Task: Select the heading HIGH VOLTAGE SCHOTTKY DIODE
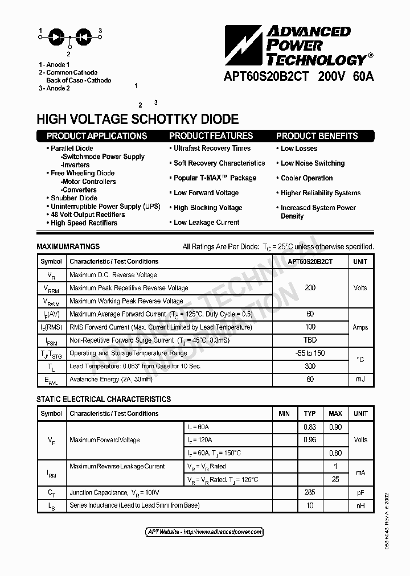point(137,120)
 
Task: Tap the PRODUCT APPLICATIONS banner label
point(97,136)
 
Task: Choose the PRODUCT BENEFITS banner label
point(317,136)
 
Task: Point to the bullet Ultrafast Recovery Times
point(212,149)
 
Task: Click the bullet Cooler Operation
point(306,178)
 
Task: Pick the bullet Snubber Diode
point(74,198)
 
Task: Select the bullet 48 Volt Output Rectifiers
point(88,215)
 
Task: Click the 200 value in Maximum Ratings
point(310,288)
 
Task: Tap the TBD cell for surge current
point(310,340)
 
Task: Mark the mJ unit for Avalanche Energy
point(360,379)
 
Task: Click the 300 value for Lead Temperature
point(310,366)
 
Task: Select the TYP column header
point(310,414)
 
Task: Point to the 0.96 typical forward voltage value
point(310,440)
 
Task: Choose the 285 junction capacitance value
point(310,492)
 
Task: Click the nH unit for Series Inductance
point(360,505)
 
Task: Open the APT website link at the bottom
point(205,532)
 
